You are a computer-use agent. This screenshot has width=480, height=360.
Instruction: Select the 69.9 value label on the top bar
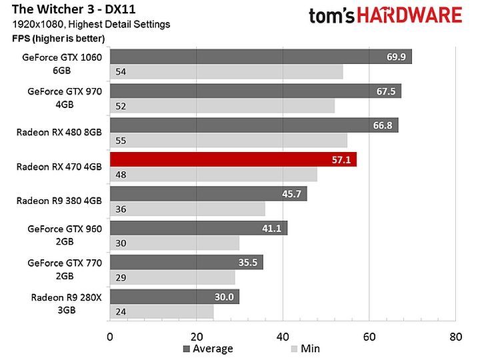pos(397,57)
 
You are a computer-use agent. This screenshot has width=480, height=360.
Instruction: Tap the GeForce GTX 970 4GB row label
pos(65,97)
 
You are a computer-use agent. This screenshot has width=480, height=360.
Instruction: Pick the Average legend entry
pos(207,349)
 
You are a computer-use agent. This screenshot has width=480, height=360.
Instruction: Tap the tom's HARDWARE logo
pos(385,15)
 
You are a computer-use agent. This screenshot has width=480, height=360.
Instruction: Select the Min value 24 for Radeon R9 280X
pos(121,311)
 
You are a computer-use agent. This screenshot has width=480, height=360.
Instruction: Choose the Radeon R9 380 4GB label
pos(59,200)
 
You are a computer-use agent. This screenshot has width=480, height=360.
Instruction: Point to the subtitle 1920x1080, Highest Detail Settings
pos(91,25)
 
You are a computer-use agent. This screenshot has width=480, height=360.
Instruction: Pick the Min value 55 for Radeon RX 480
pos(121,141)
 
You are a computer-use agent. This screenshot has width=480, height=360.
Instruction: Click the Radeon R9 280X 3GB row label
pos(66,303)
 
